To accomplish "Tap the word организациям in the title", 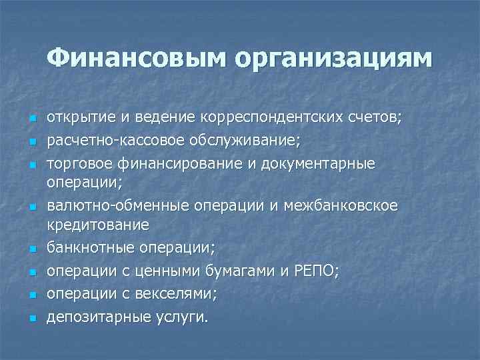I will [x=333, y=60].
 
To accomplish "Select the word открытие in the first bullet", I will [x=79, y=118].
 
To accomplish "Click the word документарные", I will [x=323, y=163].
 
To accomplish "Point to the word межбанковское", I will [x=341, y=206].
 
